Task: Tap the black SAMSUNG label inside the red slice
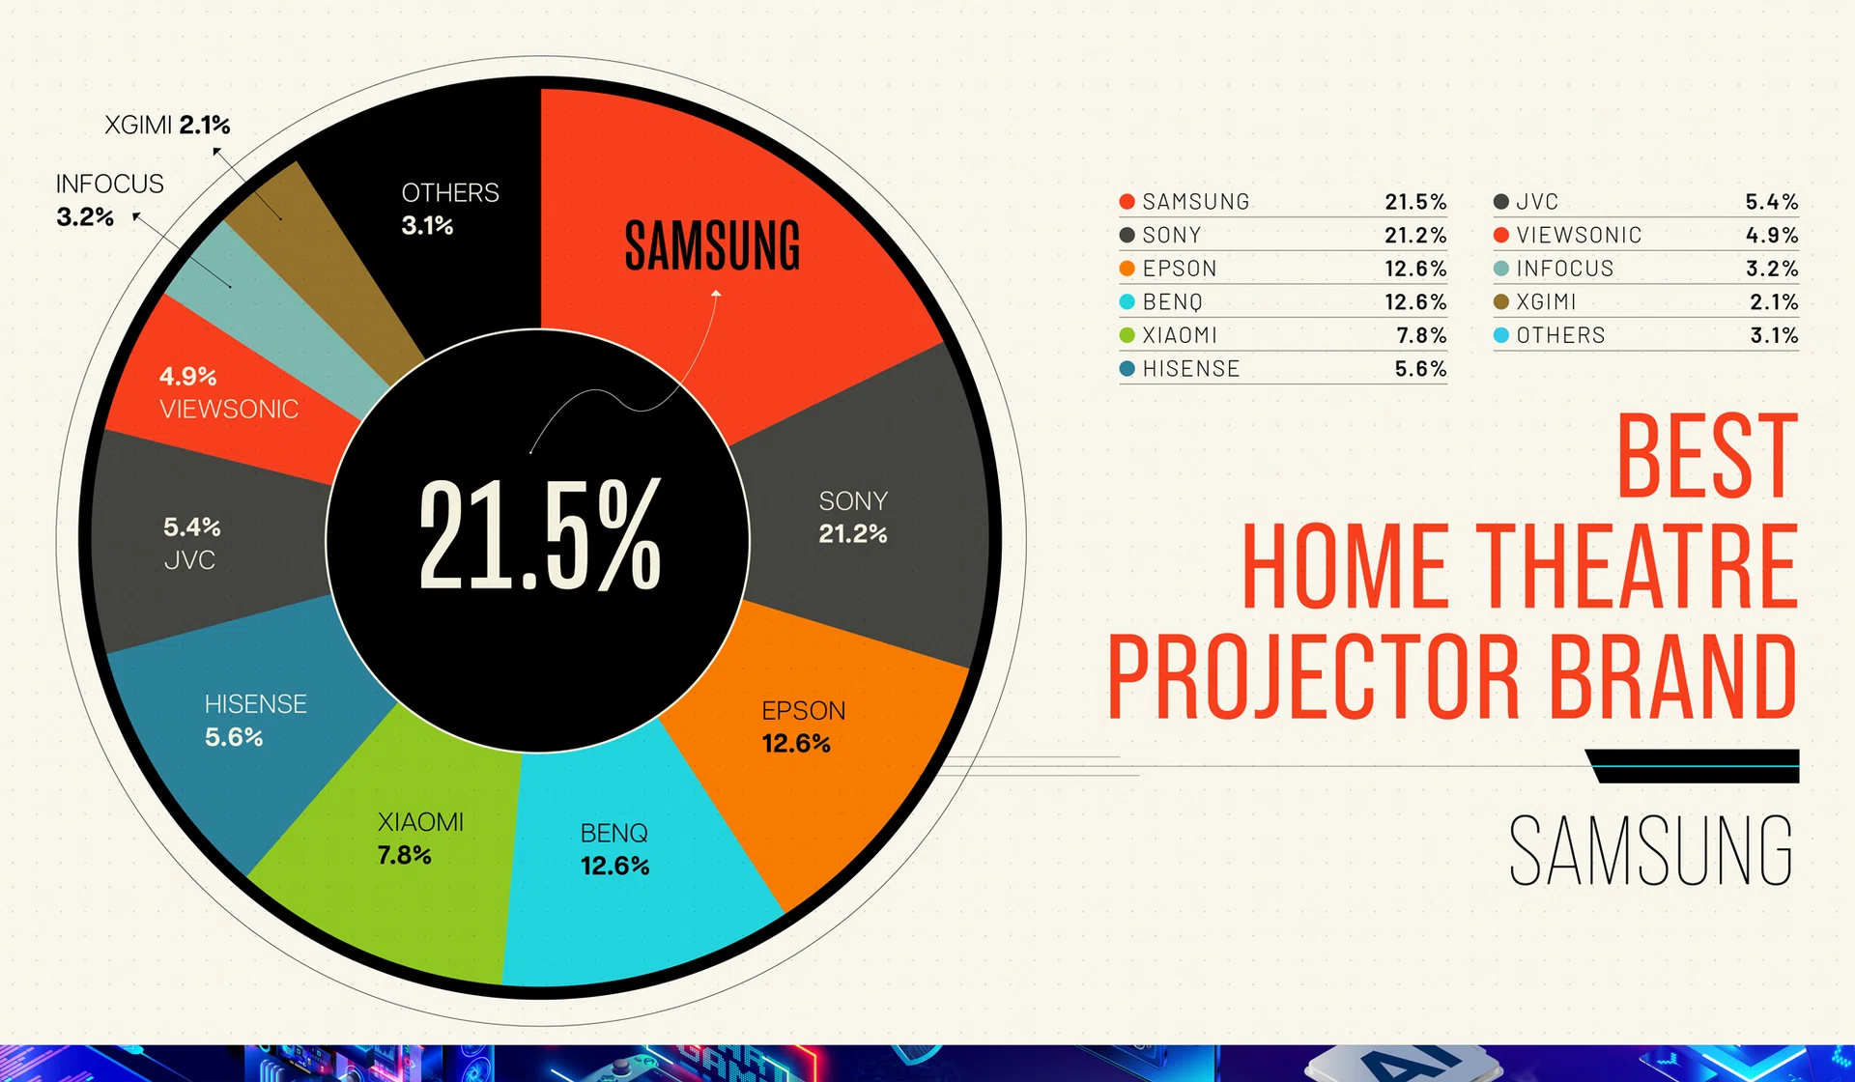712,245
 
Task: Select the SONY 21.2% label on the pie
852,518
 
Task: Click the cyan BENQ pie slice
628,898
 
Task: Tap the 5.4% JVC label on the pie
191,543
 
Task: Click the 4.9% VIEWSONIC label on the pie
228,393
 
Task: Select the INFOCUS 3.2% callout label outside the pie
109,200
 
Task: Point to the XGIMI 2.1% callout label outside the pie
167,125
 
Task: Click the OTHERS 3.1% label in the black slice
449,209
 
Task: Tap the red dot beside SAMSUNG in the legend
1127,202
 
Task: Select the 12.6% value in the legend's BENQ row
1414,302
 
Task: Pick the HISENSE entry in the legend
1190,369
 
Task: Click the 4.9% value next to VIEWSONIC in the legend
1771,236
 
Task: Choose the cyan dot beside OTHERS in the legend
1500,336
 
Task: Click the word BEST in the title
1706,456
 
